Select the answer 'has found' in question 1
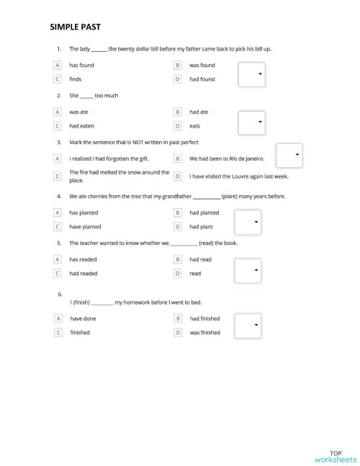[81, 65]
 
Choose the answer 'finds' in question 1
[76, 79]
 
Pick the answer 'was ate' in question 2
[78, 112]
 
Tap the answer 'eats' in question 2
[195, 126]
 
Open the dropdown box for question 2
[251, 122]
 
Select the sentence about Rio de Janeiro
[227, 158]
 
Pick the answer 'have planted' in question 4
[85, 226]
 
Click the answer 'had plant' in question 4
[202, 226]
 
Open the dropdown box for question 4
[247, 222]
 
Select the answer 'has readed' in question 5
[83, 259]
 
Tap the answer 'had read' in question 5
[200, 259]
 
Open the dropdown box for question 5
[247, 270]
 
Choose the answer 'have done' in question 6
[83, 318]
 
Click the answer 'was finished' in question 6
[205, 333]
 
